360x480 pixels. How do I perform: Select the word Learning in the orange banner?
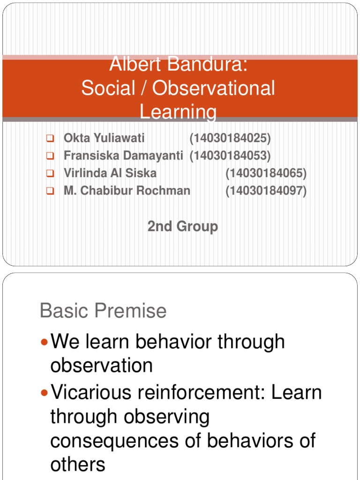coord(178,112)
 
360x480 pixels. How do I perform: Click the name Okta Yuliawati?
coord(104,138)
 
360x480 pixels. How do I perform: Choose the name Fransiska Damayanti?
coord(123,156)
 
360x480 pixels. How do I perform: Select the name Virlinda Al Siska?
coord(110,173)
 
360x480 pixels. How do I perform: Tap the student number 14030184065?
coord(266,173)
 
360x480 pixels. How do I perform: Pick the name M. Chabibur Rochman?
coord(127,191)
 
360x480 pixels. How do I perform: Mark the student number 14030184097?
coord(266,191)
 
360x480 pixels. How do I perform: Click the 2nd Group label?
coord(182,226)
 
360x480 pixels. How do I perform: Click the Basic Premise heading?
coord(103,311)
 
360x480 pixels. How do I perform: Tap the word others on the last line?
coord(77,465)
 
